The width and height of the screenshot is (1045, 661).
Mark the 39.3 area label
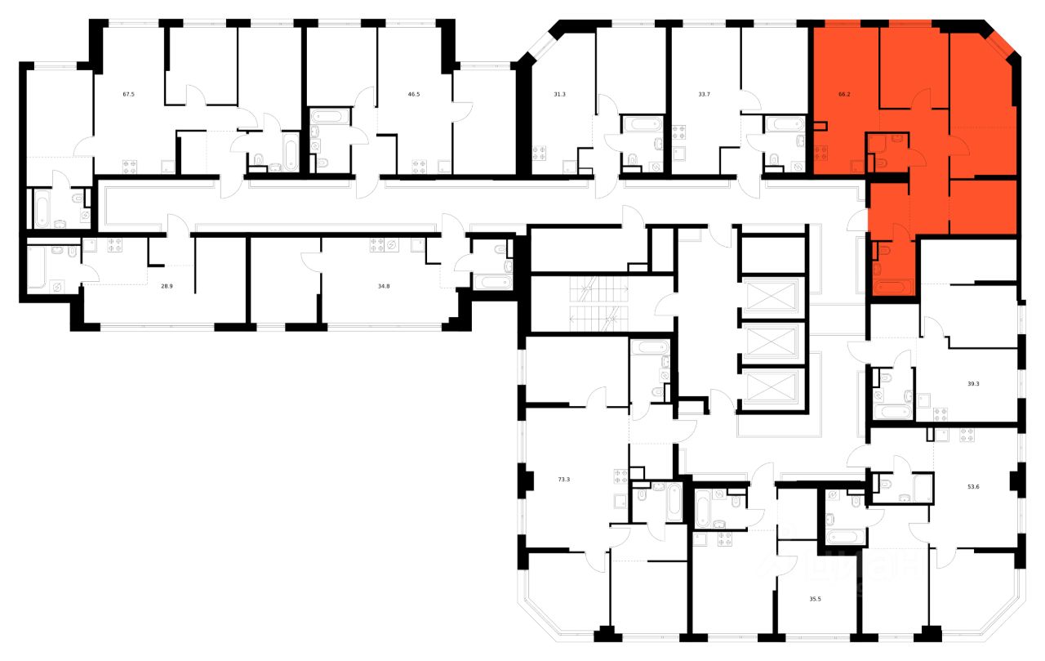tap(972, 381)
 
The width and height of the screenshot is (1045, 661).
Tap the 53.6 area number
tap(972, 485)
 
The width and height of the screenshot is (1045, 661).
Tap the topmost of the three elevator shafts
tap(771, 296)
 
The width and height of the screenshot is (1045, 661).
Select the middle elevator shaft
tap(771, 342)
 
